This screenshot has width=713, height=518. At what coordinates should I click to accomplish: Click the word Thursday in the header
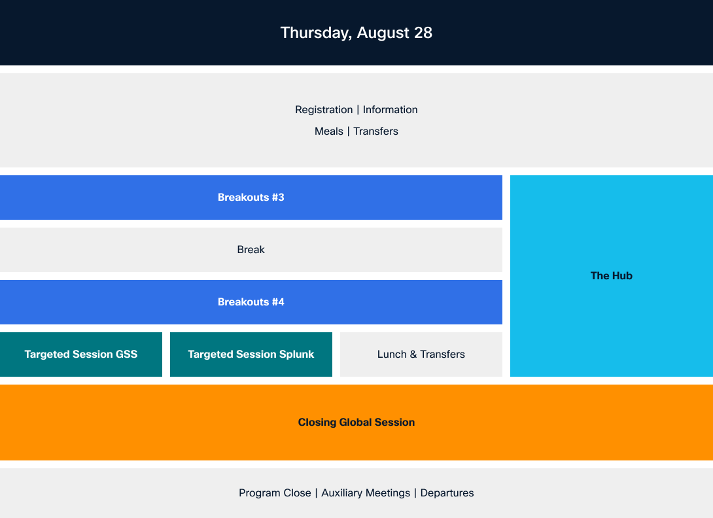pos(316,33)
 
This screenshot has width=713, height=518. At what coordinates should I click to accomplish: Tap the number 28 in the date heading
pos(423,33)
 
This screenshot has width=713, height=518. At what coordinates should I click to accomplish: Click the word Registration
pos(324,110)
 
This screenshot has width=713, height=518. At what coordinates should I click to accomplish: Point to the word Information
pos(390,110)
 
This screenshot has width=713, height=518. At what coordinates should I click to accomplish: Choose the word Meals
pos(329,131)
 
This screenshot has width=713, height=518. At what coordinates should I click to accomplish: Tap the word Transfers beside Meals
pos(375,131)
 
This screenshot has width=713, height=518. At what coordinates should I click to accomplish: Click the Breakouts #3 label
pos(251,198)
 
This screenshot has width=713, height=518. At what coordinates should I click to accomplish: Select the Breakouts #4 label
pos(251,302)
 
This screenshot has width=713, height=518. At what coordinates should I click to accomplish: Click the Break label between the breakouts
pos(251,250)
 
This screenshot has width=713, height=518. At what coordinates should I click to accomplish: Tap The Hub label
pos(612,275)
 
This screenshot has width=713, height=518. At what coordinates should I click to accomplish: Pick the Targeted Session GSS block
pos(81,354)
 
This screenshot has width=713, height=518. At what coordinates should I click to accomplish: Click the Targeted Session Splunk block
pos(251,354)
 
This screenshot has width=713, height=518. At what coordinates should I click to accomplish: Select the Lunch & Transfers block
pos(421,354)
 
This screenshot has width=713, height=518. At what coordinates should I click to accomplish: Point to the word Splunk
pos(296,354)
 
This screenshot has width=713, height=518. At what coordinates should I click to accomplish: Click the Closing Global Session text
pos(356,423)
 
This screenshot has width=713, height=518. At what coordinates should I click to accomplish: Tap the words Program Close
pos(275,493)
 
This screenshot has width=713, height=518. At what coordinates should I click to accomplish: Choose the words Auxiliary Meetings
pos(366,493)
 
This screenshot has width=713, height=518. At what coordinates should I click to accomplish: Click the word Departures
pos(447,493)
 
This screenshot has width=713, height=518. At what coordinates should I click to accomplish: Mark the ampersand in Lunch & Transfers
pos(413,354)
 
